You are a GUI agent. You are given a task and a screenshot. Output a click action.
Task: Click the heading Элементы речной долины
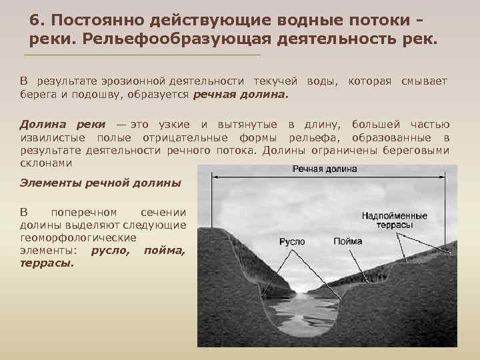pyautogui.click(x=100, y=183)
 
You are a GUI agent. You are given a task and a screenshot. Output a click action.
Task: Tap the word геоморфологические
pyautogui.click(x=79, y=237)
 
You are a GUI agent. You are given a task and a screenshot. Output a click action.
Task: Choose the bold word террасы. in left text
pyautogui.click(x=47, y=263)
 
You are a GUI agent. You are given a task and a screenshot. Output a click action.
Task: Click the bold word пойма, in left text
pyautogui.click(x=164, y=250)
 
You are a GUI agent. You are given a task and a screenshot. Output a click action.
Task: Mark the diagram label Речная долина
pyautogui.click(x=325, y=169)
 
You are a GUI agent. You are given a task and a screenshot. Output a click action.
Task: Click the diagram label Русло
pyautogui.click(x=292, y=241)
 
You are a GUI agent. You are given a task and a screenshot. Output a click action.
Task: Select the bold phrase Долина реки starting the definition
pyautogui.click(x=62, y=125)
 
